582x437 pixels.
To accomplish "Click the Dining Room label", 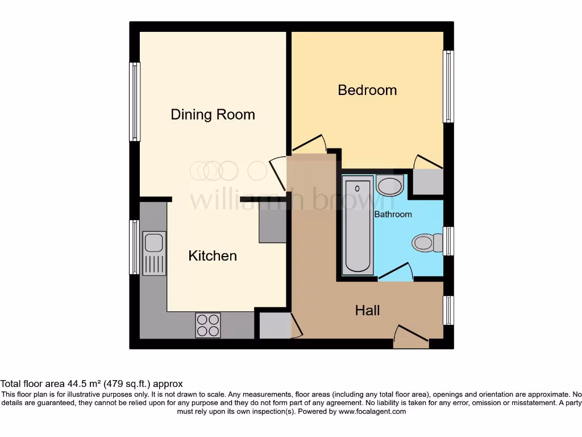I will tap(213, 114).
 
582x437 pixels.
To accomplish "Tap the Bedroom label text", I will tap(367, 90).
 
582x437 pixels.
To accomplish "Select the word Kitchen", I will tap(213, 256).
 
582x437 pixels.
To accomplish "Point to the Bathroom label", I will tap(393, 215).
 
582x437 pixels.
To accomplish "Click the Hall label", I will tap(367, 310).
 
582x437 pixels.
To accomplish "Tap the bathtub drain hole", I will tap(357, 187).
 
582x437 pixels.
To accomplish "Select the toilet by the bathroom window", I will tap(426, 243).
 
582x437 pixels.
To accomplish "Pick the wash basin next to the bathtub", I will tap(389, 185).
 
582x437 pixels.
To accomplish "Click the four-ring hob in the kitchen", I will tap(208, 325).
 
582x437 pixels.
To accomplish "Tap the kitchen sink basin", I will tap(154, 243).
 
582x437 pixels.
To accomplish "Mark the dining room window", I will tap(135, 101).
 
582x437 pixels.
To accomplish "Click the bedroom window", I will tap(448, 86).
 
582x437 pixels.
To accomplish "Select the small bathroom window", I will tap(448, 241).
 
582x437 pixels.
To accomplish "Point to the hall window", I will tap(448, 310).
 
